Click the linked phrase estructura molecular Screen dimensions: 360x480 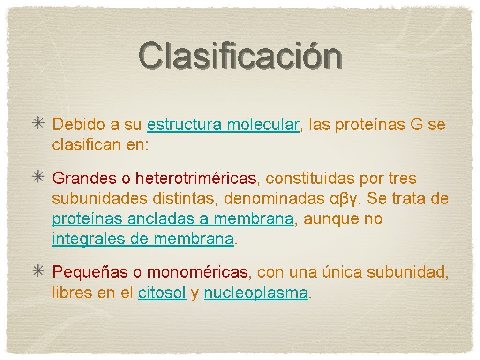click(x=223, y=125)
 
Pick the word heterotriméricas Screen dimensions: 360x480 click(x=196, y=179)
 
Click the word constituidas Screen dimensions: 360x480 click(x=311, y=179)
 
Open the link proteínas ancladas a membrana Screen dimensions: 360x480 click(x=173, y=219)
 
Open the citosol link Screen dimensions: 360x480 click(x=162, y=292)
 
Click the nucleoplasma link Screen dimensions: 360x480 click(x=256, y=292)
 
